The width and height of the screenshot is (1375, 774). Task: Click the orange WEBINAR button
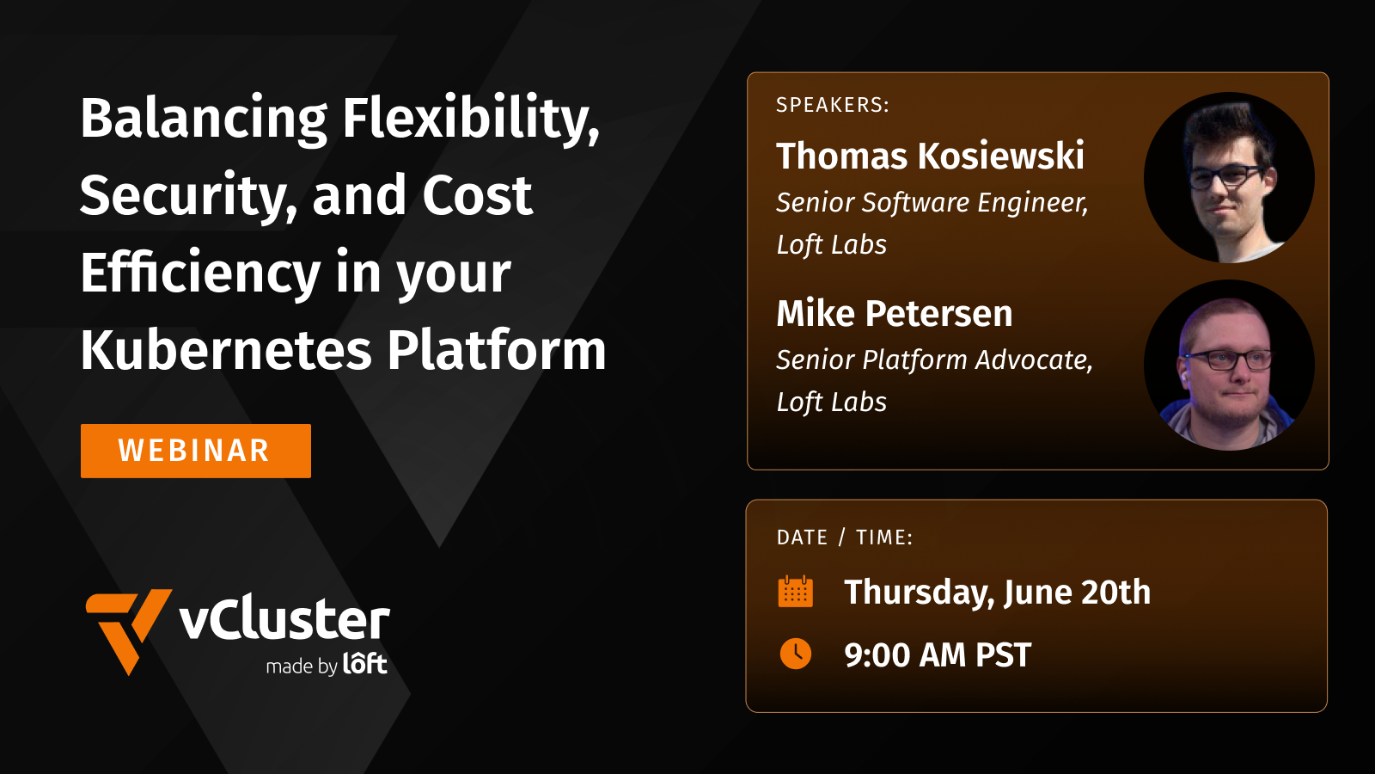coord(195,451)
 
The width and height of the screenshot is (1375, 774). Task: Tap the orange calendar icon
coord(795,592)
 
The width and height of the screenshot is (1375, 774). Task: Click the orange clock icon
coord(795,654)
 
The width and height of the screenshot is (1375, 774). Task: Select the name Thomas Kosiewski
coord(930,157)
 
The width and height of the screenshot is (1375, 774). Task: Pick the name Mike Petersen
coord(894,314)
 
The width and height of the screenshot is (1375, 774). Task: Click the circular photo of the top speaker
coord(1229,177)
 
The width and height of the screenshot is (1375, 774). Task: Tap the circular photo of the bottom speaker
coord(1229,365)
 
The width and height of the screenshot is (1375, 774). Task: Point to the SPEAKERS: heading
coord(832,105)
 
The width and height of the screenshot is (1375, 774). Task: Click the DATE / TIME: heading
coord(844,537)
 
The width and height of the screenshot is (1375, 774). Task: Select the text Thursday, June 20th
coord(997,593)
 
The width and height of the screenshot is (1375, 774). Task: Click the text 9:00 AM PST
coord(937,655)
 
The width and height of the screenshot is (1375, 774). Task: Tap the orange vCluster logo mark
coord(126,628)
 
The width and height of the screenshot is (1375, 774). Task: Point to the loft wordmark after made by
coord(365,664)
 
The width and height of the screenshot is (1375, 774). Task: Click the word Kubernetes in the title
coord(226,351)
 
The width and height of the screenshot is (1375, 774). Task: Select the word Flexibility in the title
coord(470,119)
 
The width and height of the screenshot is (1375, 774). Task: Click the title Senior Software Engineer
coord(932,203)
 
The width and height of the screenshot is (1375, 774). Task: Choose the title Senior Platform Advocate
coord(933,360)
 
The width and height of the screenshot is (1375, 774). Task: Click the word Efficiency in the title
coord(199,273)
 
